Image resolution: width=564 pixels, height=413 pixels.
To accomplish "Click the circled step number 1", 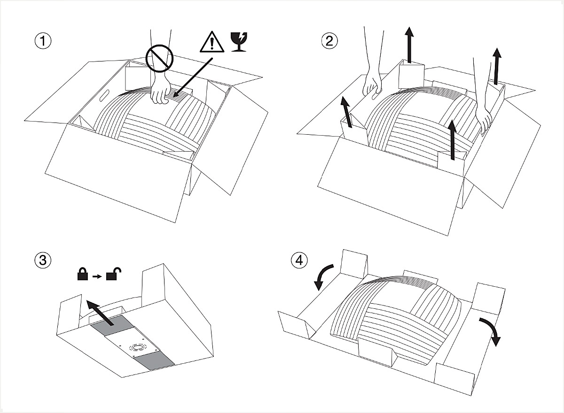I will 43,41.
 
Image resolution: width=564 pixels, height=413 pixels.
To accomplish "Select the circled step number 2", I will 329,41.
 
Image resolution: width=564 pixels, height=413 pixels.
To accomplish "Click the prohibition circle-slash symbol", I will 159,59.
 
